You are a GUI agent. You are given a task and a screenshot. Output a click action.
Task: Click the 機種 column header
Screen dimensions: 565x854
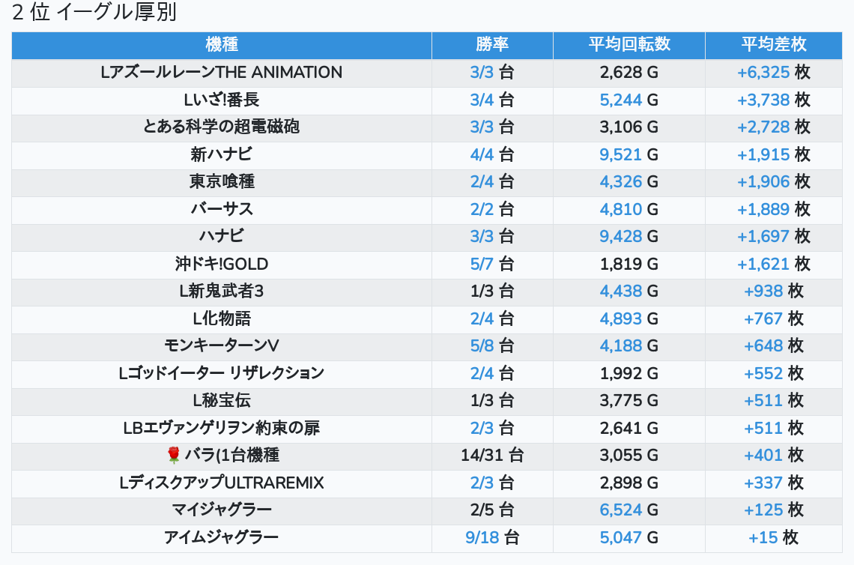222,44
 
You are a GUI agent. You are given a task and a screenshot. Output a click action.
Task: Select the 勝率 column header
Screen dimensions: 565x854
492,44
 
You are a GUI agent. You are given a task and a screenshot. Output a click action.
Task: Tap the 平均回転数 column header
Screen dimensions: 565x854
629,44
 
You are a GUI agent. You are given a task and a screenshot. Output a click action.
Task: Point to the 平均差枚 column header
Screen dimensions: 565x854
774,44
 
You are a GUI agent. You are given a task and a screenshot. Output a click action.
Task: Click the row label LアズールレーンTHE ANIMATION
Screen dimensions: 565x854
222,73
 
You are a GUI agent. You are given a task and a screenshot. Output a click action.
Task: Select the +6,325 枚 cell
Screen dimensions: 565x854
774,73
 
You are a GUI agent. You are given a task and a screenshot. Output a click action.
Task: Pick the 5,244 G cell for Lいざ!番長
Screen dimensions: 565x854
629,100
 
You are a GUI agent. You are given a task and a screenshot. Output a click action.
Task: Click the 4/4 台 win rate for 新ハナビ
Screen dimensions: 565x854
492,154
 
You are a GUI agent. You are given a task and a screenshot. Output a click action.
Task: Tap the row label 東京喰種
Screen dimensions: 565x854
222,181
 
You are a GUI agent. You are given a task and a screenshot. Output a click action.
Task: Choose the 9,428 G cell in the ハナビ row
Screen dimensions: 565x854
629,236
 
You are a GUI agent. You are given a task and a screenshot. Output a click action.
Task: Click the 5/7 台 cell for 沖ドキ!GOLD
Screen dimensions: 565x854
492,264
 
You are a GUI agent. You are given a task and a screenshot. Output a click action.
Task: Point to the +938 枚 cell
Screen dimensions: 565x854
774,291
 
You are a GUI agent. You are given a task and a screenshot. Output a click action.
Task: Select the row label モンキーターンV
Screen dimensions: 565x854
222,345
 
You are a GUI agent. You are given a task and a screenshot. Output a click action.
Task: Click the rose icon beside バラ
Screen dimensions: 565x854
174,455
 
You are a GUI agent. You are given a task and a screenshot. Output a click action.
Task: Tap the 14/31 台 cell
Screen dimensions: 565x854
492,455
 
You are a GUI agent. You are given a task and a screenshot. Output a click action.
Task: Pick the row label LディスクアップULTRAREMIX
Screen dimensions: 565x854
222,483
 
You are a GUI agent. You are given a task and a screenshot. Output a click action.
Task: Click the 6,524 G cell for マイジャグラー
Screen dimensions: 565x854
629,510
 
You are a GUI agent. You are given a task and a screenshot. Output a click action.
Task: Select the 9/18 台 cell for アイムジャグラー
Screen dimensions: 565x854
492,537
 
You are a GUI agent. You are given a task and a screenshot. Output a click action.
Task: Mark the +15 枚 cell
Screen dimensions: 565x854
774,537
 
